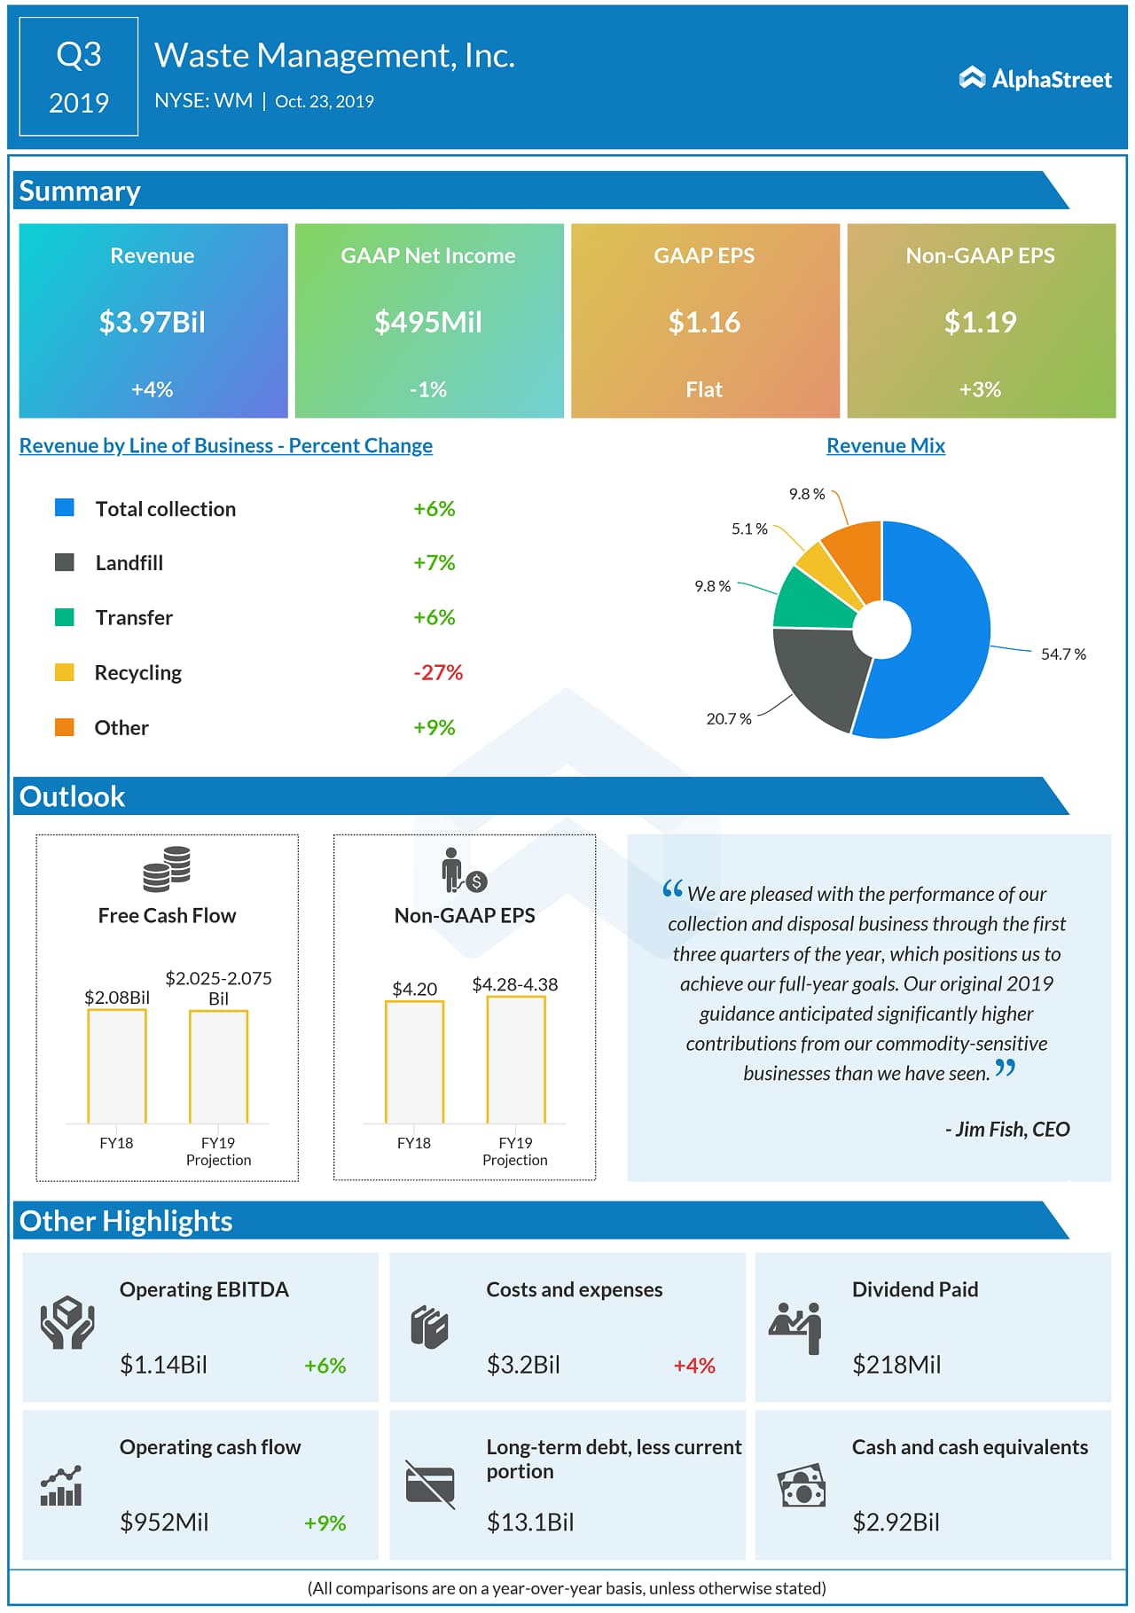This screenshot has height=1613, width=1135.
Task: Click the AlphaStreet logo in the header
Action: coord(1035,79)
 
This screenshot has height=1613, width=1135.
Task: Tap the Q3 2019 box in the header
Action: coord(79,77)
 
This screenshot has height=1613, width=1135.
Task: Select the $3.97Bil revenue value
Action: coord(152,322)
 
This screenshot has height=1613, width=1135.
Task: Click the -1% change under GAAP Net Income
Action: coord(428,389)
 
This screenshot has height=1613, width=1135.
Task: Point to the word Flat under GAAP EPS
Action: coord(704,389)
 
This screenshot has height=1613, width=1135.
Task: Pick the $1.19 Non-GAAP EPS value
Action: coord(980,322)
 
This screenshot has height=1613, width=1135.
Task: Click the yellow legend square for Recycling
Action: coord(65,672)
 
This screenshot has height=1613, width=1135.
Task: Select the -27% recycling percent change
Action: coord(438,672)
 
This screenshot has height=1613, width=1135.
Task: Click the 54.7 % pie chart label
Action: coord(1063,654)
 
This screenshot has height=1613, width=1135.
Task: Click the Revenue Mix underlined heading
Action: coord(885,445)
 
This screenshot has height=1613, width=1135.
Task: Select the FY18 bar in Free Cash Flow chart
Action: coord(117,1066)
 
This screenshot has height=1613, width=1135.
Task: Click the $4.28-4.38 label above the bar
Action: coord(514,984)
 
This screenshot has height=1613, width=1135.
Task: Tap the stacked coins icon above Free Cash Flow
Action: coord(167,868)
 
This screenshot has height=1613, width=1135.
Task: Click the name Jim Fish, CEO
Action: coord(1007,1129)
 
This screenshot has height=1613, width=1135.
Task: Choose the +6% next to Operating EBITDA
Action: coord(325,1366)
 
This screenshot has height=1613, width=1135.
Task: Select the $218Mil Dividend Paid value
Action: coord(896,1365)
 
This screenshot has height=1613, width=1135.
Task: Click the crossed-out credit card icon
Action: coord(430,1484)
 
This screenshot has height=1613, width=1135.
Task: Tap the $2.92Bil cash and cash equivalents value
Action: coord(896,1523)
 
